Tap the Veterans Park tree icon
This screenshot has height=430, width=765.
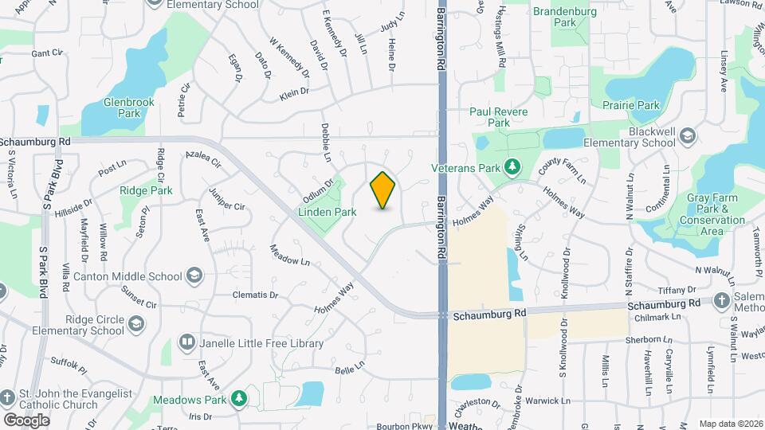tap(514, 168)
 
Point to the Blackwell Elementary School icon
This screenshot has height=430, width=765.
tap(688, 138)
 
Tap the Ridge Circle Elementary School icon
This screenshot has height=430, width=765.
tap(137, 325)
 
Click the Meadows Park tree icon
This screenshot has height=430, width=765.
tap(238, 397)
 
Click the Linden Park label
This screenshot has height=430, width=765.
tap(326, 213)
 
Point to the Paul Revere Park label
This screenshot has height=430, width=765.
tap(499, 118)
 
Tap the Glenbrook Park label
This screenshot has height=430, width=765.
tap(121, 107)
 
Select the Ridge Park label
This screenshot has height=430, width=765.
tap(146, 191)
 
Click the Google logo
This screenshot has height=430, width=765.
tap(26, 420)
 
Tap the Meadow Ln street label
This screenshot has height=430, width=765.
tap(289, 259)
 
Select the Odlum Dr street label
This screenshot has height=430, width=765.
tap(317, 190)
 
